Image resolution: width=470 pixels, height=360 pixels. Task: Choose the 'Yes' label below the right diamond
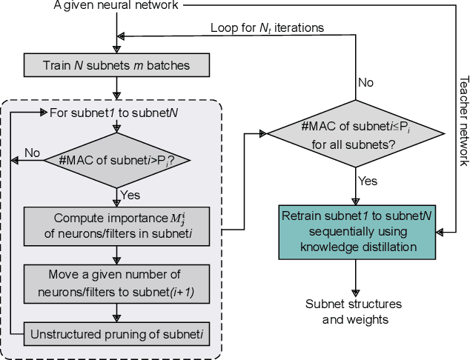coord(368,181)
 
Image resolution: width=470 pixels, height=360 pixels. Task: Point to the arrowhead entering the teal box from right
coord(438,233)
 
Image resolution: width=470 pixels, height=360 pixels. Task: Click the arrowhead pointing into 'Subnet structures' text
coord(357,293)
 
